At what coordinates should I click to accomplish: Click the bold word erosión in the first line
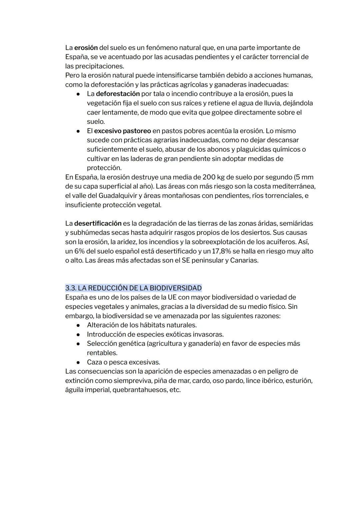click(x=86, y=48)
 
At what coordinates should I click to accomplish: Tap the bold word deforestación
click(x=118, y=94)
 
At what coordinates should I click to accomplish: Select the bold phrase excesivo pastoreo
click(x=122, y=131)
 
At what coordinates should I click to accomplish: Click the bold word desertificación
click(x=98, y=223)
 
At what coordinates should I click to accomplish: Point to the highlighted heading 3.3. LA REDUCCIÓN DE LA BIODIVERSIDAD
click(x=133, y=288)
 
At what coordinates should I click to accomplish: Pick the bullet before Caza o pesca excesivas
click(x=78, y=362)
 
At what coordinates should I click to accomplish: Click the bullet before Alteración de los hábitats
click(x=78, y=325)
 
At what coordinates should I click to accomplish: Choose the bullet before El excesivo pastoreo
click(x=78, y=131)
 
